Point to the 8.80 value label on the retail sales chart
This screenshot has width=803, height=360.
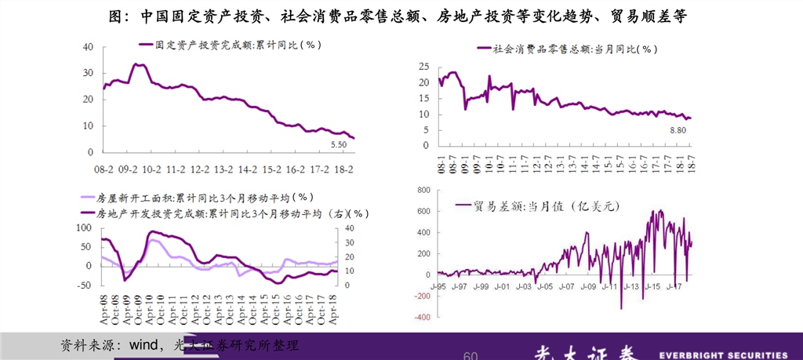coord(678,131)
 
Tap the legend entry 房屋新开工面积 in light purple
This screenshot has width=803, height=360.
coord(194,198)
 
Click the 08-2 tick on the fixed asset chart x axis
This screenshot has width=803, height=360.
coord(104,169)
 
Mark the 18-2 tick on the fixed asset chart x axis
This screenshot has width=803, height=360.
coord(343,169)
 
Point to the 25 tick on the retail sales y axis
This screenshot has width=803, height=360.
coord(423,66)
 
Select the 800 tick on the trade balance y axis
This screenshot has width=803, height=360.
coord(421,190)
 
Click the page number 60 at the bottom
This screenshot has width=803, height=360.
coord(471,356)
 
